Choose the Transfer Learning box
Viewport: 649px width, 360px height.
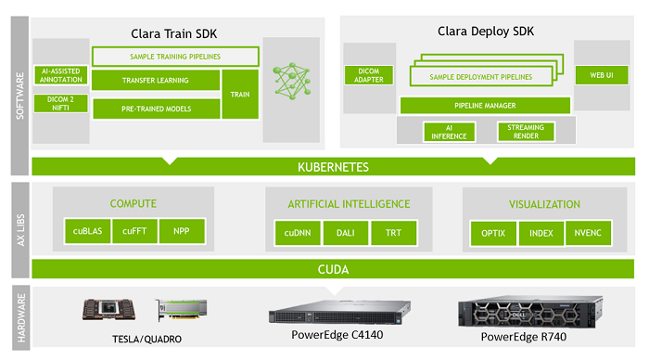coord(155,81)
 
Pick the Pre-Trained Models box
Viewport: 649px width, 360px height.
coord(155,109)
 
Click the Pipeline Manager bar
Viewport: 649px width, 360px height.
coord(485,106)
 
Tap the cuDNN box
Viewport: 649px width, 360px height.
coord(297,232)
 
